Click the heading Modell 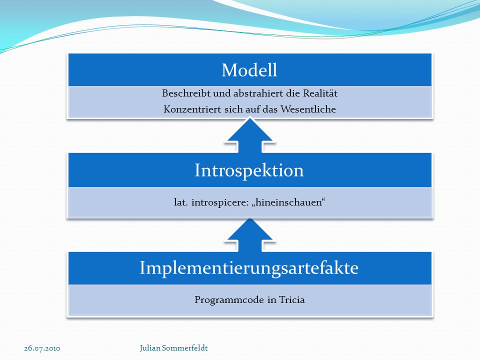249,70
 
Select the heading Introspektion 249,171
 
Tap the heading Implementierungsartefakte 249,268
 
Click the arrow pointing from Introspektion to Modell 250,135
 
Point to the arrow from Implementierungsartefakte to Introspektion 250,235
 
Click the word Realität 320,93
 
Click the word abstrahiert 258,93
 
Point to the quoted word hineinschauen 288,202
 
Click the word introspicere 220,202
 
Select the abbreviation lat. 181,202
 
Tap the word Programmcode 229,299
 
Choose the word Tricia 292,299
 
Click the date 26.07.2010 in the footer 42,348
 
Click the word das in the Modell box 270,109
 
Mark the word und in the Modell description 222,93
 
